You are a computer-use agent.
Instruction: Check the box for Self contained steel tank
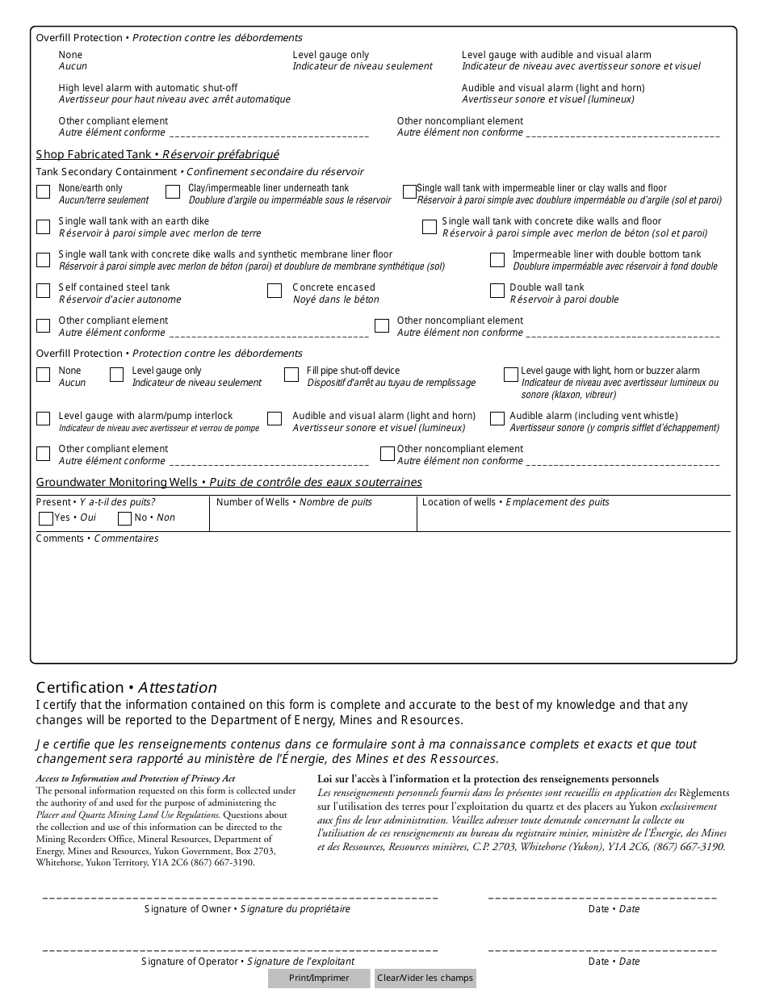point(44,291)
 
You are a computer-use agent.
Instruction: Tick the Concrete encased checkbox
point(275,291)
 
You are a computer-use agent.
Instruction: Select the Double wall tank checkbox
point(497,291)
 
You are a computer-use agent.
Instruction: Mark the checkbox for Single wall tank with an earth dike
point(44,227)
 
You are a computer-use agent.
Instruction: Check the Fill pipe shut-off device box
point(291,375)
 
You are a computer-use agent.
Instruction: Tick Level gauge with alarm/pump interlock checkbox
point(44,419)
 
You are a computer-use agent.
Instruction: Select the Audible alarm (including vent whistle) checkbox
point(497,419)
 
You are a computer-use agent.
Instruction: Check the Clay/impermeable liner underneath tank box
point(173,192)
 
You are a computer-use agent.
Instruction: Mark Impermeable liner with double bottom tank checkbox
point(497,260)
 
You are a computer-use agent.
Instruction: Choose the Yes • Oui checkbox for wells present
point(46,518)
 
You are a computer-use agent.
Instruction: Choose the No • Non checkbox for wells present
point(125,518)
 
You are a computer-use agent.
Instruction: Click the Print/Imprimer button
point(319,978)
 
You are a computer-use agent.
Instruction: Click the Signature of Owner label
point(247,909)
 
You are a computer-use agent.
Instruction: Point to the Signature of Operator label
point(247,962)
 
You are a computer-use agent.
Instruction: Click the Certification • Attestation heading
point(126,688)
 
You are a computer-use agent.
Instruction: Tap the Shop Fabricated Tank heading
point(157,154)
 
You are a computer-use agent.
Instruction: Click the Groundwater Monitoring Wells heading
point(228,482)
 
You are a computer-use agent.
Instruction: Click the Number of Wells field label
point(295,502)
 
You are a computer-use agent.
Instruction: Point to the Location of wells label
point(515,502)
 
